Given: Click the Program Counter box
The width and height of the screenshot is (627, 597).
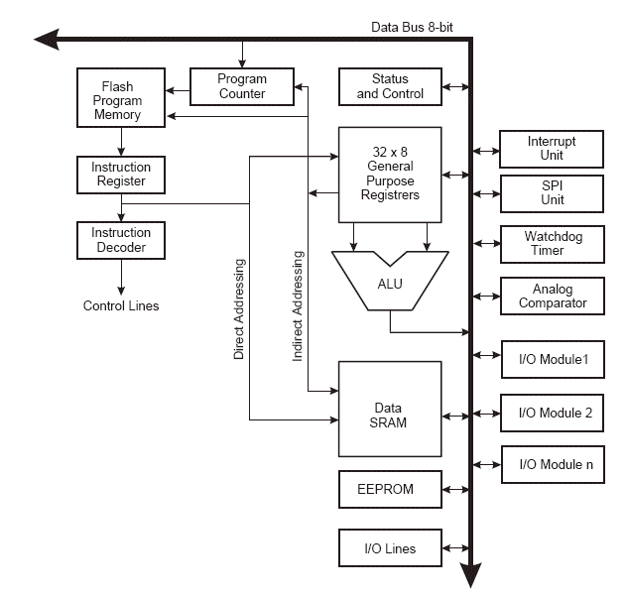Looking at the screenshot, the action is click(x=242, y=86).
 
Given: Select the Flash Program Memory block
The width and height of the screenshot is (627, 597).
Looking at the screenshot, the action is click(x=121, y=97).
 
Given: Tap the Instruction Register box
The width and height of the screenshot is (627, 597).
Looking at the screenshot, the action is click(x=121, y=175).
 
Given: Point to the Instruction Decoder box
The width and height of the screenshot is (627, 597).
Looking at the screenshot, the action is click(x=121, y=241).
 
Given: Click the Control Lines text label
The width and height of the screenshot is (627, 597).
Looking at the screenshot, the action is click(x=121, y=305).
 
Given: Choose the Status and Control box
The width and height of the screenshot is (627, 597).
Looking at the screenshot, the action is click(x=390, y=86).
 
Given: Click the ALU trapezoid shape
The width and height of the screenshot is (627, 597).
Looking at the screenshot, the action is click(x=390, y=281).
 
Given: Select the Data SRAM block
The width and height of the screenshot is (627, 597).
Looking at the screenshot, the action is click(x=390, y=409).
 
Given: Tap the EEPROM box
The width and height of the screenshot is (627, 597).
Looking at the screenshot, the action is click(x=390, y=489).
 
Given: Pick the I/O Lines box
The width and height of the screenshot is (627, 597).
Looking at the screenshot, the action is click(x=390, y=547).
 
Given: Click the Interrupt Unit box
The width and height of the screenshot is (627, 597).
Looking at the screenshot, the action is click(x=552, y=149).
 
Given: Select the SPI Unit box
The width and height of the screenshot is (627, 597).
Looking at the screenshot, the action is click(x=552, y=193).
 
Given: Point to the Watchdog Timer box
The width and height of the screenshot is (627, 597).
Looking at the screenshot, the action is click(x=553, y=244).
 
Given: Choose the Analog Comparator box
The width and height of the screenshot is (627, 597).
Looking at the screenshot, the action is click(x=553, y=297).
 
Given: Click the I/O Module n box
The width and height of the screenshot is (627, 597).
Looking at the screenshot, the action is click(x=553, y=465).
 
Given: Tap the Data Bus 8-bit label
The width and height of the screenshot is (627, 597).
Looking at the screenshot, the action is click(x=412, y=27).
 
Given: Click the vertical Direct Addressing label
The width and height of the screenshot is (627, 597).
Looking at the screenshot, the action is click(x=239, y=308).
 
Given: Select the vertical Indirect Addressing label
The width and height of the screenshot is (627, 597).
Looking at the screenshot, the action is click(x=298, y=306).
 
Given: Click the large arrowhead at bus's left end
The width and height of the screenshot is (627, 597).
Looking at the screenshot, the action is click(x=48, y=39).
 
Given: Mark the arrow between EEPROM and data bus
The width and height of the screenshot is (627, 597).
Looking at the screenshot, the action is click(x=455, y=490).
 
